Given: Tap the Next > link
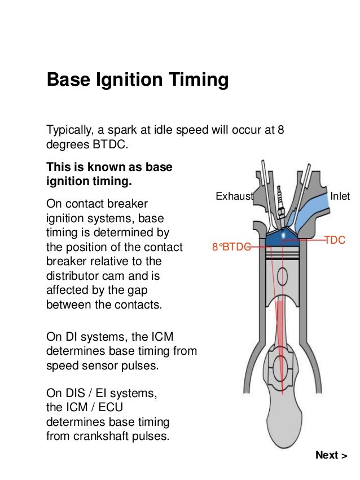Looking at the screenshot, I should [x=331, y=455].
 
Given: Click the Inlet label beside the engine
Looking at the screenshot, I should [x=340, y=196].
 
